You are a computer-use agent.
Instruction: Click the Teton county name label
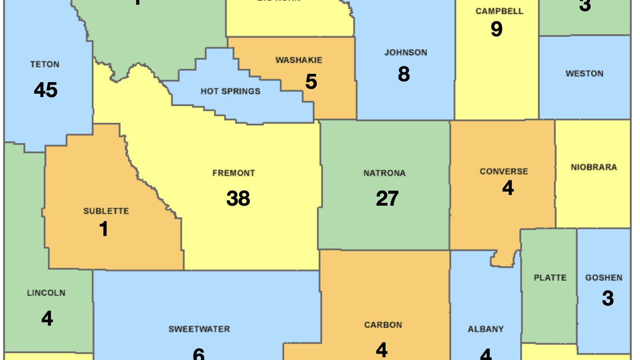(45, 64)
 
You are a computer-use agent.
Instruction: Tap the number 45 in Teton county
(46, 90)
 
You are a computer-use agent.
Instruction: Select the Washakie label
(299, 60)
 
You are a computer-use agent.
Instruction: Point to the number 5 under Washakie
(311, 82)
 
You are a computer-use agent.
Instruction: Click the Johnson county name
(406, 52)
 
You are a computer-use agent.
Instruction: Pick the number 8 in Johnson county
(404, 74)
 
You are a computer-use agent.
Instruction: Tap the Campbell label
(499, 11)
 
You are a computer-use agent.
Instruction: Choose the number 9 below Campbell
(496, 29)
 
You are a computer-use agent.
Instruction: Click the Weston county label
(584, 74)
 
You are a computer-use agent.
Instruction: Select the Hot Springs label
(230, 92)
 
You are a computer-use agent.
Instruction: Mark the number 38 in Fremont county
(238, 198)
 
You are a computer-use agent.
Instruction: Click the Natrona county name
(384, 173)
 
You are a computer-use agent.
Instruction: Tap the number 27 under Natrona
(387, 199)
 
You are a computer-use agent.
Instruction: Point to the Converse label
(504, 171)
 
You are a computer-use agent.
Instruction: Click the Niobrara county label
(594, 167)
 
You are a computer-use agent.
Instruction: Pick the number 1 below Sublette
(104, 229)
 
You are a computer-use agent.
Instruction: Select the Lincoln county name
(46, 293)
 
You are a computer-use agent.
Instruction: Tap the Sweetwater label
(199, 329)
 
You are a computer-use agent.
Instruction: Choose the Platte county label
(550, 278)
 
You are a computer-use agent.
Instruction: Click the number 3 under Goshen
(608, 298)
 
